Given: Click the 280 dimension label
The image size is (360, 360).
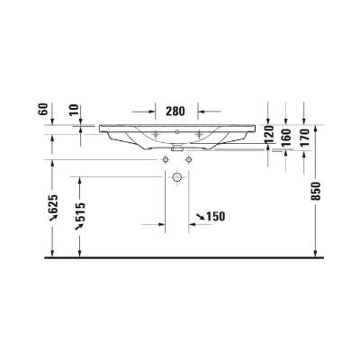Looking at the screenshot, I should click(x=175, y=112).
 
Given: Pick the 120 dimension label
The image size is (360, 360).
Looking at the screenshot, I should click(x=268, y=133).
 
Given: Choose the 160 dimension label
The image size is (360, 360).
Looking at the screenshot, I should click(x=286, y=137).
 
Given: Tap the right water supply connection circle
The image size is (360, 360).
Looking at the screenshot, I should click(x=189, y=159).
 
